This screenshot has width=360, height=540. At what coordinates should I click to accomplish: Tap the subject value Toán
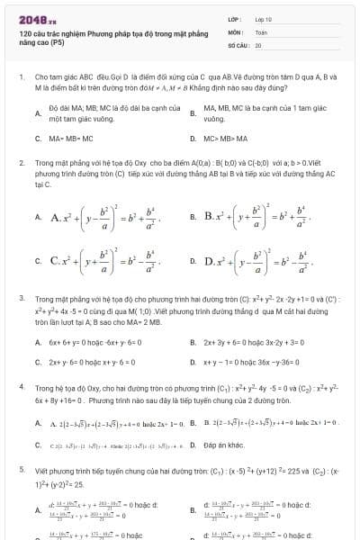point(261,31)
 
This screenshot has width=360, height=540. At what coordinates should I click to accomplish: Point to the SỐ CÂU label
point(237,43)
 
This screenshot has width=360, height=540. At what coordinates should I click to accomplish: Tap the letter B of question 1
point(193,112)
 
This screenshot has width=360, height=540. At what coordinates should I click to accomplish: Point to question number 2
point(21,164)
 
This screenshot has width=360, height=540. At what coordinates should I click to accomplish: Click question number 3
point(21,297)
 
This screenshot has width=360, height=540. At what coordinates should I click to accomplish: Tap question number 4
point(21,385)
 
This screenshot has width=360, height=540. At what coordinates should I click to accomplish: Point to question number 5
point(21,469)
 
